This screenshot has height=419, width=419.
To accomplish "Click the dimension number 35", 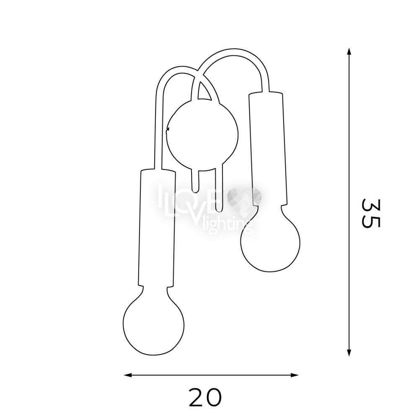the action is tap(370, 213).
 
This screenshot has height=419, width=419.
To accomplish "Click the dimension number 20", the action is tap(205, 397).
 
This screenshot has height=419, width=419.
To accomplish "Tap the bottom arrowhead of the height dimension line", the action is tap(349, 353).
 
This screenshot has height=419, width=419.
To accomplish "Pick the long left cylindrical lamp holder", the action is tap(157, 228).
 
